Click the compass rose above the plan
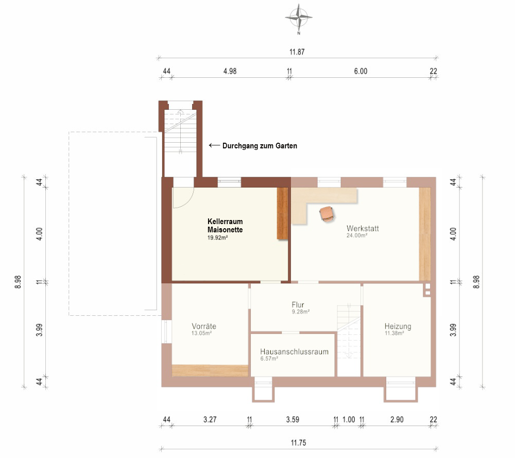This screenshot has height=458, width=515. point(299,17)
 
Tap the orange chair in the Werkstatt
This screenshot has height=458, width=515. point(327,214)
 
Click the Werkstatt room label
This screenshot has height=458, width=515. point(363,228)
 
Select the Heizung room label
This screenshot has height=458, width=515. point(398,326)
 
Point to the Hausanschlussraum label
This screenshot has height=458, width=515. point(294,351)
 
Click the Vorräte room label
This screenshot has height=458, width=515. point(204,326)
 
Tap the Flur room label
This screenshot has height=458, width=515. point(298,304)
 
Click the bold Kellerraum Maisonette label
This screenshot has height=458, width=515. point(225,226)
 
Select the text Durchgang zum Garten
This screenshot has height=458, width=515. point(260,146)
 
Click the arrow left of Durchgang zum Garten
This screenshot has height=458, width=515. point(214,145)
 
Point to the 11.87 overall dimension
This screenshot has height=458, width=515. point(297,52)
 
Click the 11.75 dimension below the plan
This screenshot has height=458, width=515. point(298,443)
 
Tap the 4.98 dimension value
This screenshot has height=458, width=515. point(230,71)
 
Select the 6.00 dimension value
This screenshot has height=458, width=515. point(360,71)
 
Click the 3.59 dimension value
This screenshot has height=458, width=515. point(293,419)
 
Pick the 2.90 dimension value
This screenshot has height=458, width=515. point(397,419)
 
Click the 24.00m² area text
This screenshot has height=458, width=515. point(357,235)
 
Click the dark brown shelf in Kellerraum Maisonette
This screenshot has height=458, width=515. point(282,213)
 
